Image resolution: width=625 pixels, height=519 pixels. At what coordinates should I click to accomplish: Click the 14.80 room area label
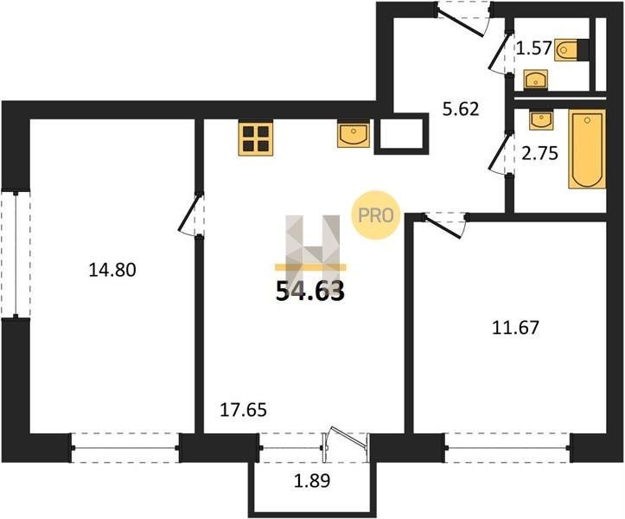click(x=112, y=270)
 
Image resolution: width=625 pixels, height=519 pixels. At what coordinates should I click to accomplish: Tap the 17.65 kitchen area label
click(x=243, y=410)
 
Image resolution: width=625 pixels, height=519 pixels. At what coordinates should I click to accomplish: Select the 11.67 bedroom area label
click(x=515, y=328)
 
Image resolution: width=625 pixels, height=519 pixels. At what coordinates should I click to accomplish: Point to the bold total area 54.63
click(x=310, y=292)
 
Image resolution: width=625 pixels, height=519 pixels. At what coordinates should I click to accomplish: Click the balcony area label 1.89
click(x=312, y=481)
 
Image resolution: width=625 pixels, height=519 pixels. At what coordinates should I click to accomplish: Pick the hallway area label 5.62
click(x=461, y=108)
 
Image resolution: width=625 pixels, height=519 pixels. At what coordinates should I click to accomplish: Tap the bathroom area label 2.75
click(x=539, y=153)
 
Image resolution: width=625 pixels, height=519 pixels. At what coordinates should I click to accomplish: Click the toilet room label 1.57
click(x=533, y=48)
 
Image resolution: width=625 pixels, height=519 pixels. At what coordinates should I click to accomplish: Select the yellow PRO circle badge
click(x=375, y=215)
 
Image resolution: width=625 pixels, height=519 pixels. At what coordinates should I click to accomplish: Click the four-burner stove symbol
click(x=256, y=138)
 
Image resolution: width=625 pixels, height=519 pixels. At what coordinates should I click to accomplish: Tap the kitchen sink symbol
click(x=354, y=134)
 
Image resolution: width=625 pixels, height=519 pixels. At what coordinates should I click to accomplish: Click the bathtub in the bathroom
click(x=587, y=149)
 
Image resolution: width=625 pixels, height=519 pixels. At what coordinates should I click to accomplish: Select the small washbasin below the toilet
click(x=536, y=80)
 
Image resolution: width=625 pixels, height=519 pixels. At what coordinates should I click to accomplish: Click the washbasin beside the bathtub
click(x=541, y=119)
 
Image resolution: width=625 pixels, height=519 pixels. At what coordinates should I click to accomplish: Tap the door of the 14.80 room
click(x=190, y=215)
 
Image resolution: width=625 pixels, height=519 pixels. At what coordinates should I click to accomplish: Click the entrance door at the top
click(x=463, y=20)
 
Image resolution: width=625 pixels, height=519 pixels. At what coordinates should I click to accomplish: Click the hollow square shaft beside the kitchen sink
click(x=401, y=134)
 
